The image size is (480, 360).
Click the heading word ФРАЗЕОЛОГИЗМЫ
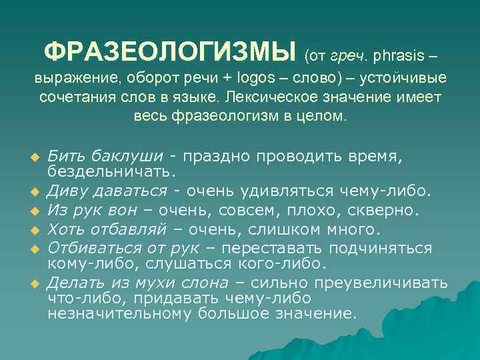coord(169,51)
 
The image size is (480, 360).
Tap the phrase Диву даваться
coord(107,192)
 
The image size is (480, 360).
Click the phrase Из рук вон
coord(91,211)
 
